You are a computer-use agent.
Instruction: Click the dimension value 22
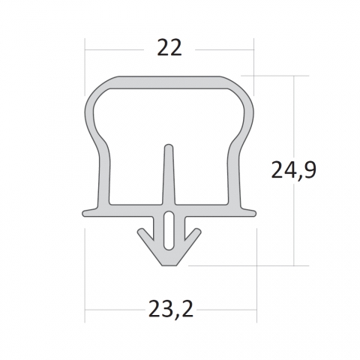[169, 47]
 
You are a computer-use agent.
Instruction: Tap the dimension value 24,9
[294, 170]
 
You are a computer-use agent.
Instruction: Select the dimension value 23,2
[171, 309]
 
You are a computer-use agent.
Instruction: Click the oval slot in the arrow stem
[169, 230]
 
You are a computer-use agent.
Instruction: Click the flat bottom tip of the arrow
[169, 265]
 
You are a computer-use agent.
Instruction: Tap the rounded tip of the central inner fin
[169, 146]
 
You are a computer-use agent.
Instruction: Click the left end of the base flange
[83, 214]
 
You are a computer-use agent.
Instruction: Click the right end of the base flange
[254, 214]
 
